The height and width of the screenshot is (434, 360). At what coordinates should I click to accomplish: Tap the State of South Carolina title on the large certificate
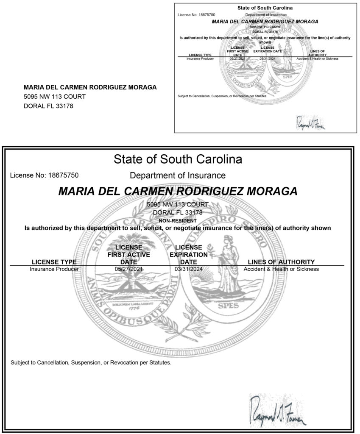[178, 160]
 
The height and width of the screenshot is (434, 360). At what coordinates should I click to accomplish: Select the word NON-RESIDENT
[178, 220]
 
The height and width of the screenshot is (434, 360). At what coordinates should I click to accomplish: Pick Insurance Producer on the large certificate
[54, 269]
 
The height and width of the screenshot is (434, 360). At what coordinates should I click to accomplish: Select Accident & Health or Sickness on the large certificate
[281, 269]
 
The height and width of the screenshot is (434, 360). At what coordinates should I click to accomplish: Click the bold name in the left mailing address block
[90, 87]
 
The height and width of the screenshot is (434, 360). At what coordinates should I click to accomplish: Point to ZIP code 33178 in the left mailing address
[65, 106]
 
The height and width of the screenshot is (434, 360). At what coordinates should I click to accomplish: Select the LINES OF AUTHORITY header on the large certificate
[281, 262]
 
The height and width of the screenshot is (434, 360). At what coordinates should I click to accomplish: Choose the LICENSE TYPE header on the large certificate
[54, 262]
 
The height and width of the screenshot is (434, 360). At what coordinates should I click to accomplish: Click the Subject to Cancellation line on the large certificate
[91, 363]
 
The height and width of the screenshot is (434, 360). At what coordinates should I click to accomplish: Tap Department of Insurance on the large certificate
[178, 175]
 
